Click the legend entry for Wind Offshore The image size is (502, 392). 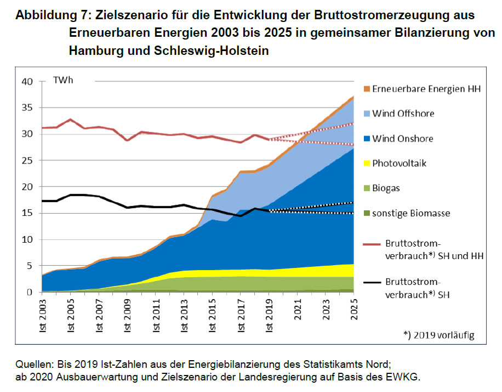point(403,114)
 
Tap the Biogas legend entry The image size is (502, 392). point(386,188)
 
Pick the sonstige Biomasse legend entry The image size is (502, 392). point(411,213)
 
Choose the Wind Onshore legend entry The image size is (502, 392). point(402,138)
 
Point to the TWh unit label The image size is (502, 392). point(63,81)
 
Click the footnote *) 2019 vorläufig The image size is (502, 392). point(438,335)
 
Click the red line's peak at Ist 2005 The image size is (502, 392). point(71,119)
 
